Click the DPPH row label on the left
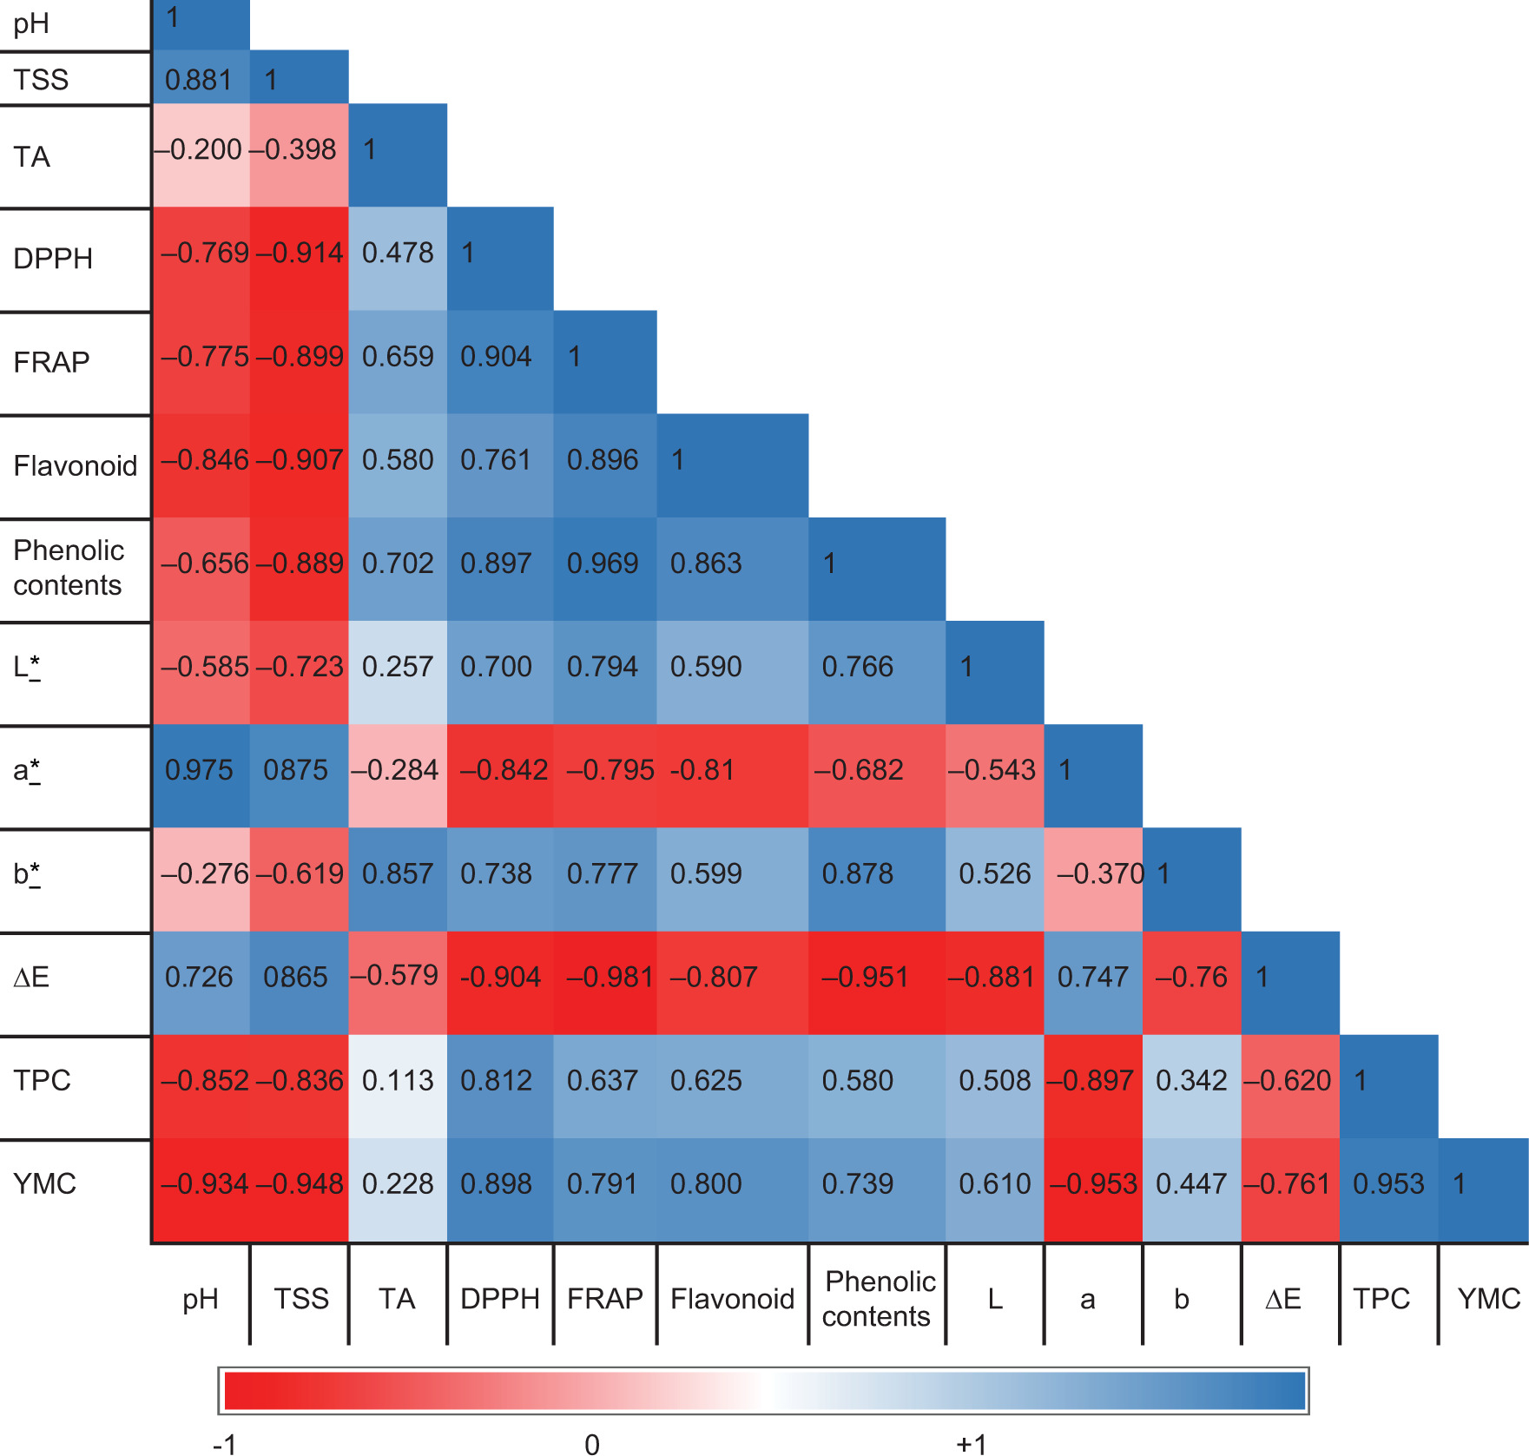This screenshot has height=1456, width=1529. [53, 259]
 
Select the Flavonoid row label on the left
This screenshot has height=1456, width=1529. [76, 466]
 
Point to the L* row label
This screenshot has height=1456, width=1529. [27, 668]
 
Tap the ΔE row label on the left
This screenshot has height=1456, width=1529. [31, 978]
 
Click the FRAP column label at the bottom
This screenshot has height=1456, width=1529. [604, 1299]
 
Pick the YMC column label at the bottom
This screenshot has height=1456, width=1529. [1488, 1299]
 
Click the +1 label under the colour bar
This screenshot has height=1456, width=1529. [972, 1444]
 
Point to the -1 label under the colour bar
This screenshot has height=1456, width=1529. [225, 1444]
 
